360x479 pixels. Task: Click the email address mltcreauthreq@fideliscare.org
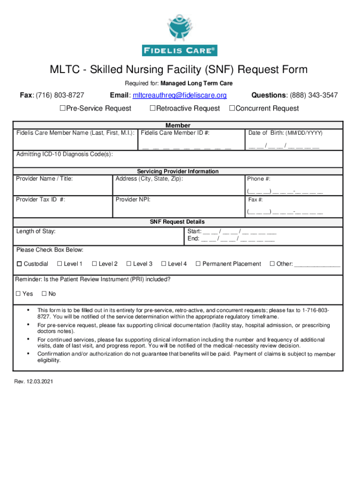pyautogui.click(x=180, y=95)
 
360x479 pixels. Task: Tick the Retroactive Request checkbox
pyautogui.click(x=151, y=109)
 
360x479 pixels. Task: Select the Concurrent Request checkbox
pyautogui.click(x=231, y=109)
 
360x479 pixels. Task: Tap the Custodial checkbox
pyautogui.click(x=19, y=264)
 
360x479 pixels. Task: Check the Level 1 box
pyautogui.click(x=59, y=264)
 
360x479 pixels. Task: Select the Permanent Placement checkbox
pyautogui.click(x=198, y=264)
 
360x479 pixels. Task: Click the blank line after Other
pyautogui.click(x=317, y=265)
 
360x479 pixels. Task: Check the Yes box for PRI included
pyautogui.click(x=18, y=294)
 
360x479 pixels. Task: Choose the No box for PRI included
pyautogui.click(x=44, y=294)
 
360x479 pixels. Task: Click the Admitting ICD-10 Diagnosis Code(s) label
pyautogui.click(x=64, y=154)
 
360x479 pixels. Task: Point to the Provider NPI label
pyautogui.click(x=133, y=200)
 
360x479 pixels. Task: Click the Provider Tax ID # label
pyautogui.click(x=40, y=200)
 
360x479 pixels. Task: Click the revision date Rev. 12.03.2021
pyautogui.click(x=34, y=382)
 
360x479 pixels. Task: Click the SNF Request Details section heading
pyautogui.click(x=177, y=222)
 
